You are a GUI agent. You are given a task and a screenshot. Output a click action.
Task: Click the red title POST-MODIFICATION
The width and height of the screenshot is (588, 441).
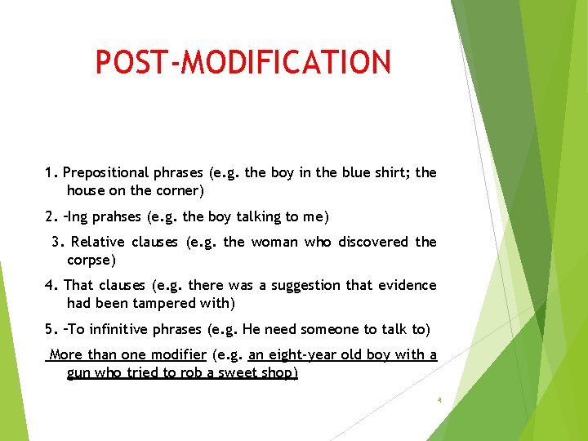click(x=243, y=62)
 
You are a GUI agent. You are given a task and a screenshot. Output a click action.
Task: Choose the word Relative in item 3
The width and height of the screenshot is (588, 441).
click(x=97, y=242)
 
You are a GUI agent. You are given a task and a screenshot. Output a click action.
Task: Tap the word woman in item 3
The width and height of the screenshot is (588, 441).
click(x=274, y=242)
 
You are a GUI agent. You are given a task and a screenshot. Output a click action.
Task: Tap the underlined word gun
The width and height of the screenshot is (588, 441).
click(x=80, y=374)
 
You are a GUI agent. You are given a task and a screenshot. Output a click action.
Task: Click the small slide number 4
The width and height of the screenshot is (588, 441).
click(x=439, y=400)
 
